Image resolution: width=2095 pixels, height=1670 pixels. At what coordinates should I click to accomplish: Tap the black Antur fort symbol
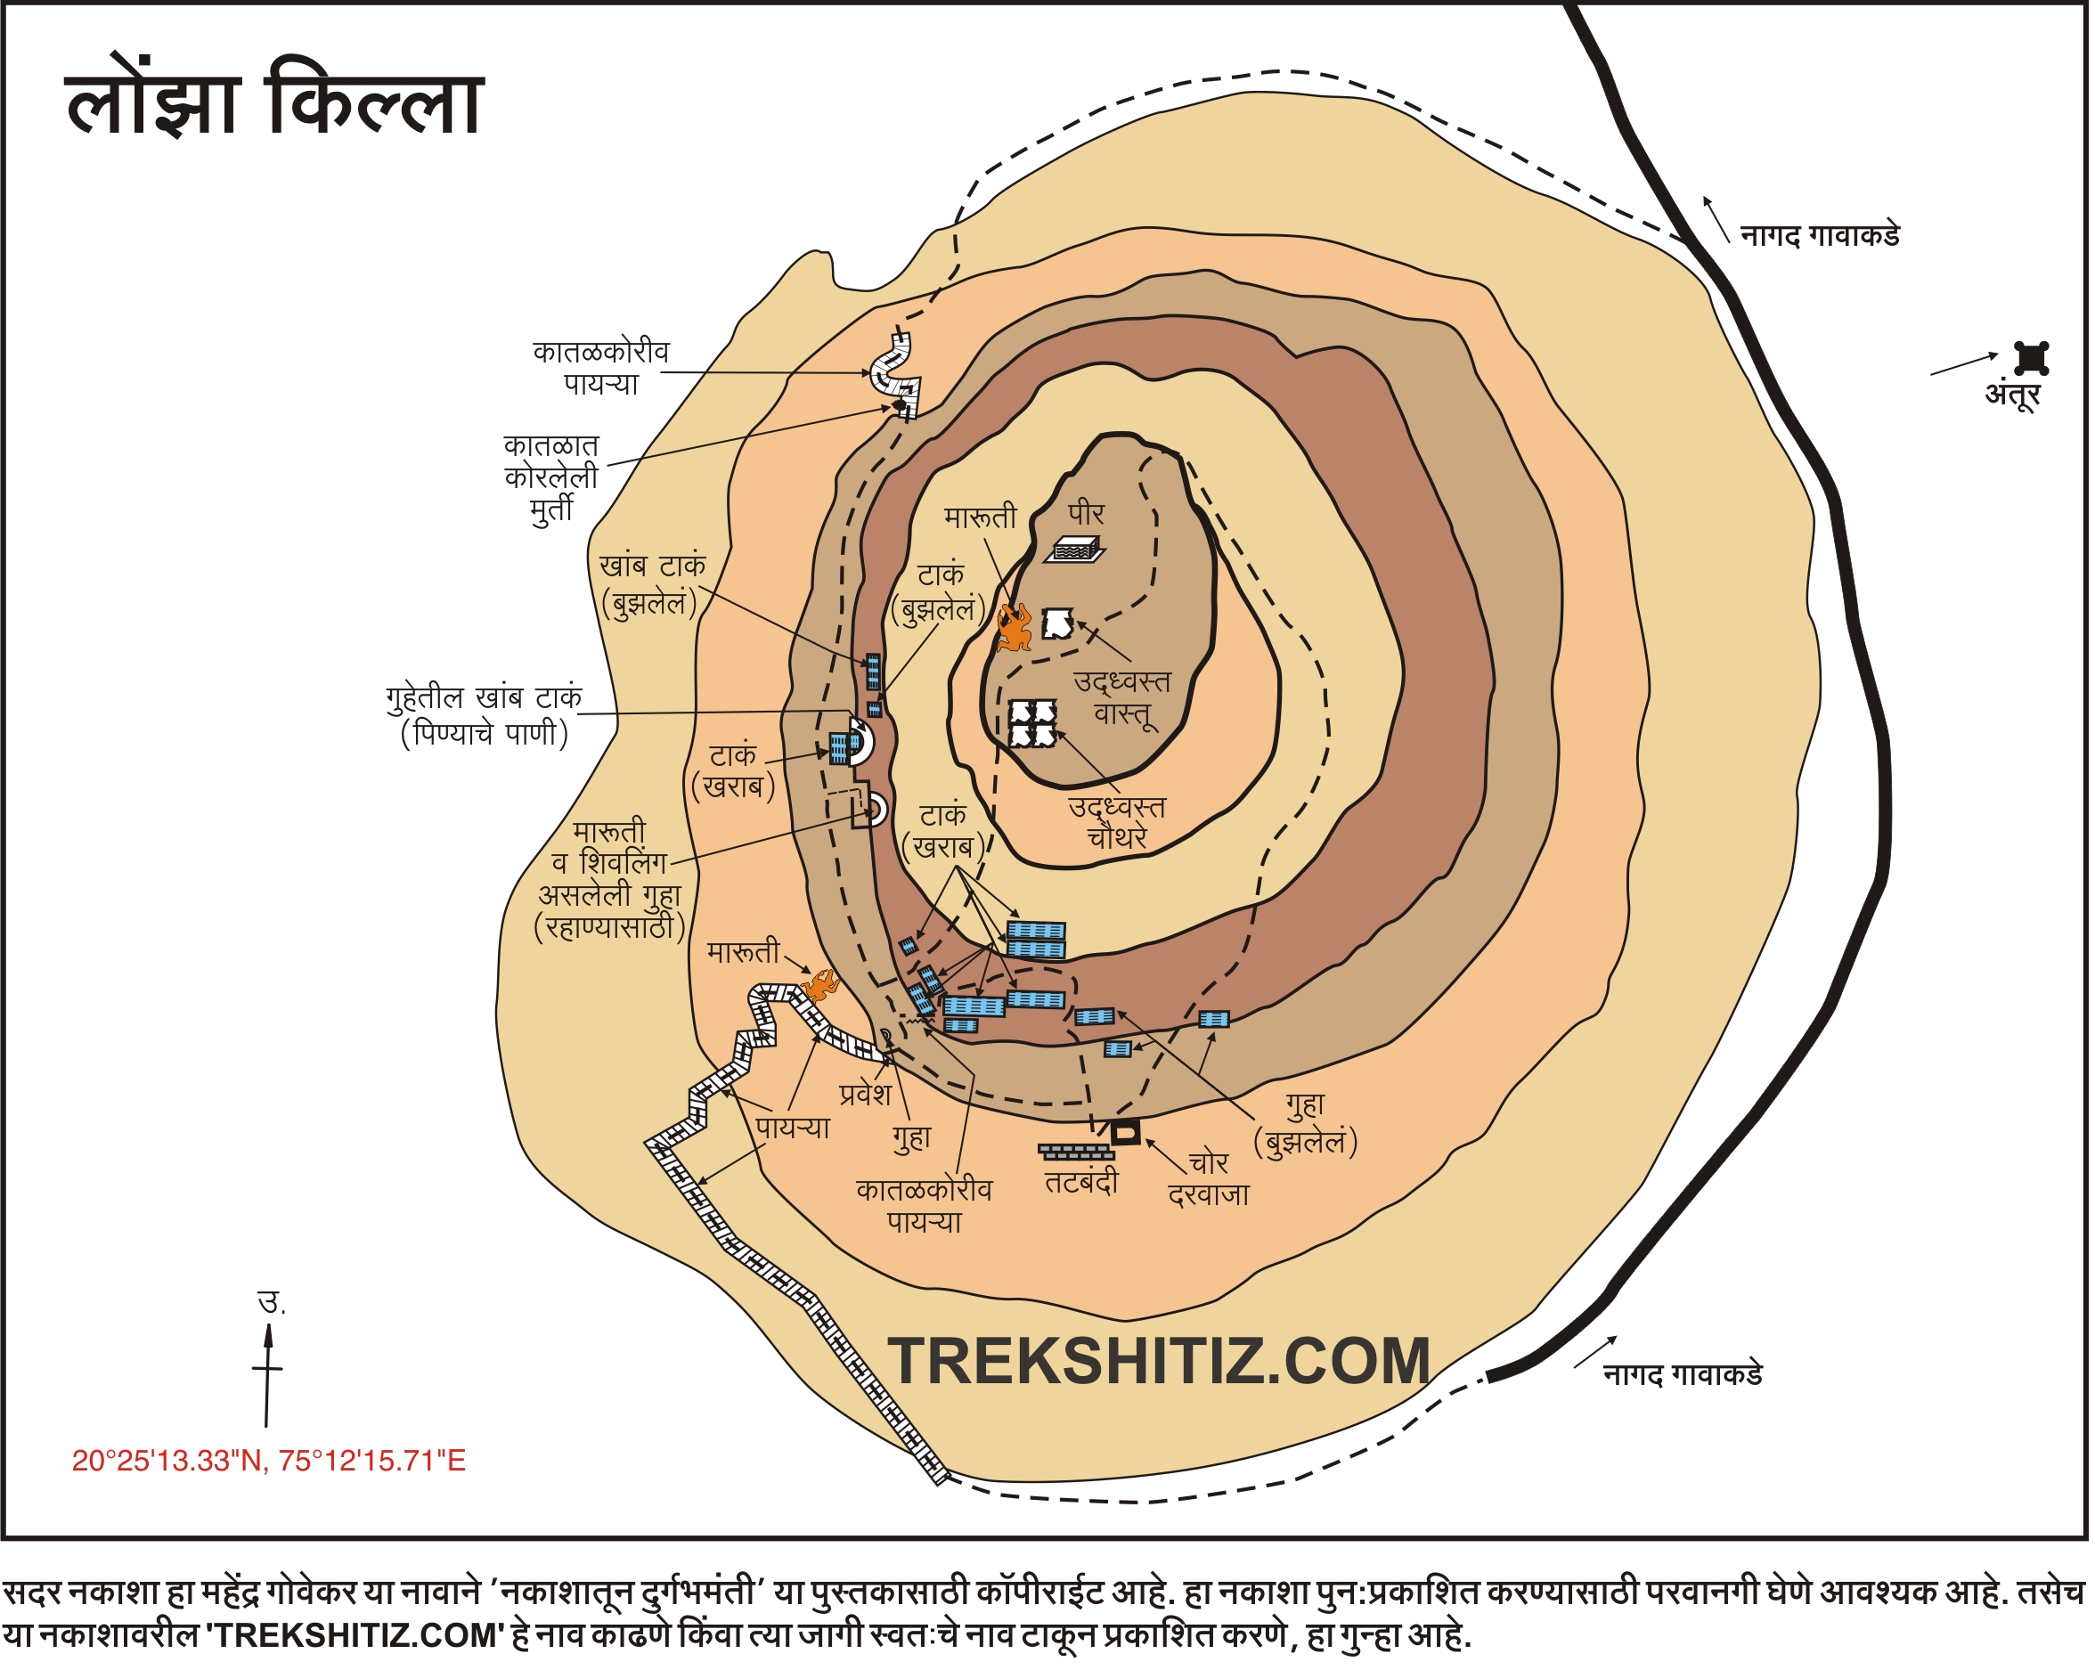click(2031, 358)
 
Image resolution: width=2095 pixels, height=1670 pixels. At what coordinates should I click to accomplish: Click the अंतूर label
click(2012, 395)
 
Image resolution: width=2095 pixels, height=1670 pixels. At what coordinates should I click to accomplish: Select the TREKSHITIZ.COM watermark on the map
click(1159, 1361)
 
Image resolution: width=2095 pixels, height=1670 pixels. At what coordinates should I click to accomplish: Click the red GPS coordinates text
click(269, 1461)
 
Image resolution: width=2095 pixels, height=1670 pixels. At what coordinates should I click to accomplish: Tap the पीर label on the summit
click(1086, 514)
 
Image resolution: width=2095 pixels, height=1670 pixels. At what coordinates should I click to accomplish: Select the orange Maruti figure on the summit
click(1014, 628)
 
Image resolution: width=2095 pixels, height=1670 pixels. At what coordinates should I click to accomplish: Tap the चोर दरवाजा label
click(1208, 1178)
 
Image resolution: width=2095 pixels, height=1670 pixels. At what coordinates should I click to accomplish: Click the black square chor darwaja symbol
click(1125, 1133)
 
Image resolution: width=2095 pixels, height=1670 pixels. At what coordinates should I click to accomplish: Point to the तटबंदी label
click(1081, 1182)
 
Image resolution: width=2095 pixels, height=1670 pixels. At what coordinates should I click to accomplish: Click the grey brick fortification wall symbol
click(1077, 1153)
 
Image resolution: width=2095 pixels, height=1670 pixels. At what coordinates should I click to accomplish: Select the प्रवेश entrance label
click(865, 1095)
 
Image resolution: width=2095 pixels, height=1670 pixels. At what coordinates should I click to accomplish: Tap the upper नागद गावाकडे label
click(1819, 236)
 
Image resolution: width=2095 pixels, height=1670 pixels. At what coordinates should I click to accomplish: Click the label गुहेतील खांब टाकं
click(484, 697)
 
